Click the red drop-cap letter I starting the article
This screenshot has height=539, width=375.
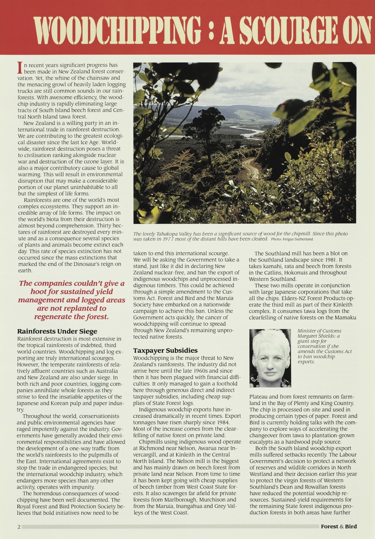coord(20,68)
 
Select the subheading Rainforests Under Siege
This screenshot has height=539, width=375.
coord(57,331)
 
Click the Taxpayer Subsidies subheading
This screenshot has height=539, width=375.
coord(165,350)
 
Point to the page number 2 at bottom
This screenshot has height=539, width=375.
coord(19,527)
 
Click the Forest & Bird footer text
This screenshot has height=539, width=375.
coord(339,526)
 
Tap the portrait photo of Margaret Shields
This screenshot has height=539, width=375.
coord(270,358)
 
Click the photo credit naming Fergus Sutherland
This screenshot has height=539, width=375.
coord(292,239)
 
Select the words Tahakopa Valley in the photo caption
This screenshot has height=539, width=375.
coord(173,234)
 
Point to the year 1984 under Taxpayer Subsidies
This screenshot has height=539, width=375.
coord(220,422)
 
